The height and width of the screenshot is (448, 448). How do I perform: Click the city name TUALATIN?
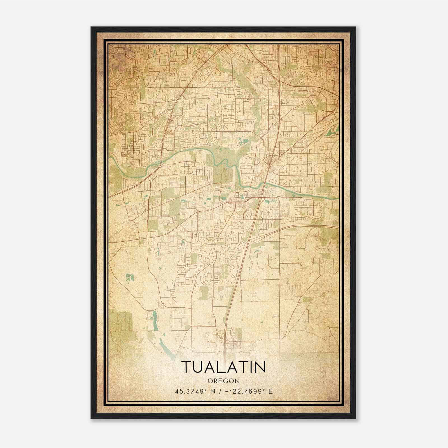click(223, 367)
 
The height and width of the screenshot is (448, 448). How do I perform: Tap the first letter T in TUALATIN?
click(187, 367)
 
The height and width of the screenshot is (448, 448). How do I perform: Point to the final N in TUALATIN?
click(260, 367)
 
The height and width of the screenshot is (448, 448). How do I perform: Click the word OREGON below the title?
click(224, 381)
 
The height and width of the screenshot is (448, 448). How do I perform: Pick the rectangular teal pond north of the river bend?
click(246, 141)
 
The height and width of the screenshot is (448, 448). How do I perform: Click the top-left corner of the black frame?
click(91, 27)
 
